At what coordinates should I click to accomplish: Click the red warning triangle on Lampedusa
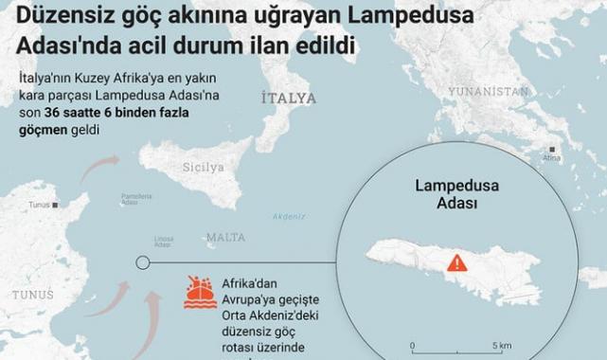click(x=457, y=261)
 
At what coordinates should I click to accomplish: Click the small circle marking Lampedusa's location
click(x=142, y=261)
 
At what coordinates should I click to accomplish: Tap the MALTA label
click(x=225, y=236)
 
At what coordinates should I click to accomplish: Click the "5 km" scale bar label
click(x=502, y=346)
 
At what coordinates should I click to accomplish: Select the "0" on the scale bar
click(x=412, y=346)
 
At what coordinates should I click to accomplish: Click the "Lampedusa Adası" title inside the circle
click(x=443, y=194)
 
